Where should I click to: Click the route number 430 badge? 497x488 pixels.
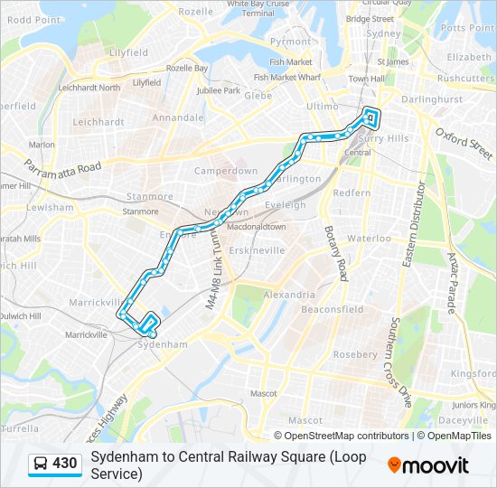55,465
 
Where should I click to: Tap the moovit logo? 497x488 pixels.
428,465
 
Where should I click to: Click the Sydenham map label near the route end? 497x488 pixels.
163,344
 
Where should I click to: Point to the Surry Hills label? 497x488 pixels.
384,138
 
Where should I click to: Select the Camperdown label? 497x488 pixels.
226,170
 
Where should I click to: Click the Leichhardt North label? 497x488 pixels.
89,88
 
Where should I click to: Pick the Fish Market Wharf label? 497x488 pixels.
287,77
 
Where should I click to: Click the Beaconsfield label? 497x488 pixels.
333,309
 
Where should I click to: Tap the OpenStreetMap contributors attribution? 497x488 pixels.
333,436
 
